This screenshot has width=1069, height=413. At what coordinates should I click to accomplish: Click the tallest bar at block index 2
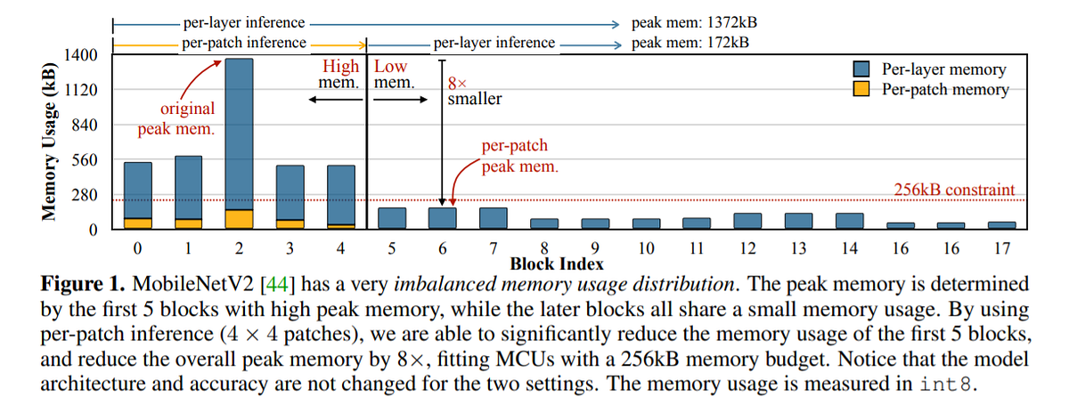click(x=240, y=134)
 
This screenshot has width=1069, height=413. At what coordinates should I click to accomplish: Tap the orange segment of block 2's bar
click(x=240, y=220)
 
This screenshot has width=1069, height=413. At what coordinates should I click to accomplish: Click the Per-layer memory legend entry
click(x=943, y=69)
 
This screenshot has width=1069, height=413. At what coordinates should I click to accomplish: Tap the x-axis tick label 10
click(x=648, y=247)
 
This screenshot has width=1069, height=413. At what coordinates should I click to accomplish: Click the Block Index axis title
click(x=557, y=263)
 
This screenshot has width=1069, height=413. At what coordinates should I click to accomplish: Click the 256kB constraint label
click(x=954, y=190)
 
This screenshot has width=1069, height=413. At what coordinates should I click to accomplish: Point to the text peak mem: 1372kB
click(x=694, y=22)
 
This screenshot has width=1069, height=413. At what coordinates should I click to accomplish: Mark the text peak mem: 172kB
click(x=690, y=42)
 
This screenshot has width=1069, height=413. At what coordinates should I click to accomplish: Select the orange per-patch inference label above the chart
click(x=244, y=42)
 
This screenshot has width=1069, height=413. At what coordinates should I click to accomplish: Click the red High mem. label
click(x=341, y=67)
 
